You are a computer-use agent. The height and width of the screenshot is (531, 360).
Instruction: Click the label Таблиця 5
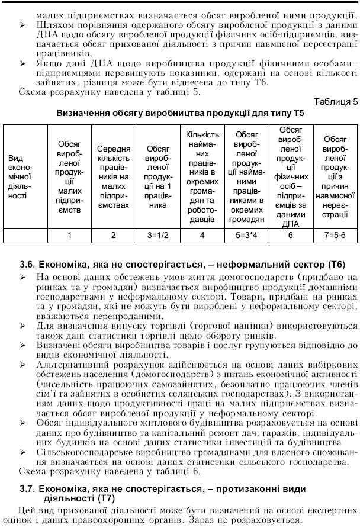[x=335, y=101]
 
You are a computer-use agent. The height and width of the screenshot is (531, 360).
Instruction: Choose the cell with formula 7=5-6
[x=335, y=235]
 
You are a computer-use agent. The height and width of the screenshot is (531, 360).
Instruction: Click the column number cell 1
[x=69, y=235]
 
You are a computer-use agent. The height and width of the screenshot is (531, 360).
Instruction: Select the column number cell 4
[x=202, y=235]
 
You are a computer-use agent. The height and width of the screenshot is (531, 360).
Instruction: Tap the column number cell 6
[x=290, y=235]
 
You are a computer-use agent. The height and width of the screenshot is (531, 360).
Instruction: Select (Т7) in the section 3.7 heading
[x=104, y=498]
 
